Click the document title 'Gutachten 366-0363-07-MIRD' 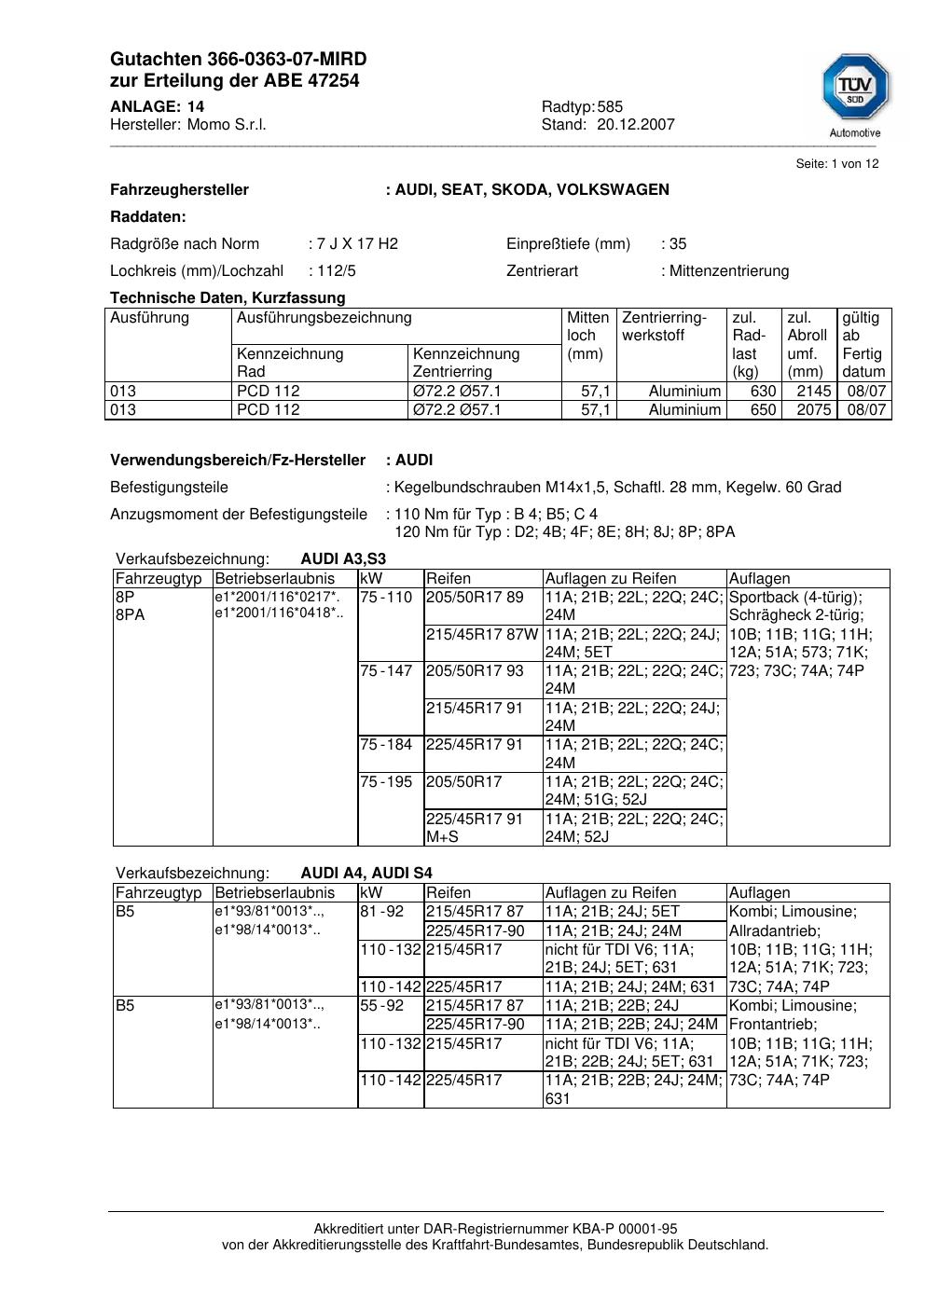click(x=238, y=60)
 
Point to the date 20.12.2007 click(x=636, y=125)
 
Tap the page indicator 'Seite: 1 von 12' click(x=836, y=164)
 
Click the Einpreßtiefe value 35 click(x=678, y=244)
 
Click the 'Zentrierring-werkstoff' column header click(x=665, y=326)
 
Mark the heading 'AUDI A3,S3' click(x=343, y=559)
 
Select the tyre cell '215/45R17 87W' click(x=482, y=635)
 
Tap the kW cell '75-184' click(x=386, y=745)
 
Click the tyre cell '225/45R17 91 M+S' click(x=475, y=828)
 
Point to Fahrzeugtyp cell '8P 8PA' click(x=131, y=606)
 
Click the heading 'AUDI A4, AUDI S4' click(x=366, y=874)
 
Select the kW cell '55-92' click(x=382, y=1006)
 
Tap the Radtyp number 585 click(x=611, y=107)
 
